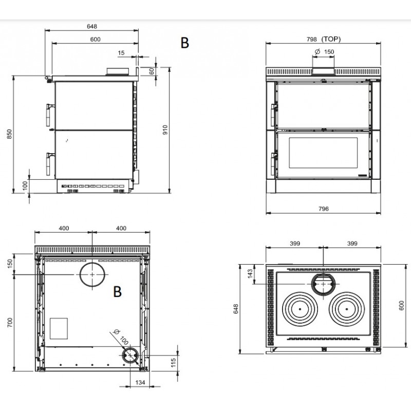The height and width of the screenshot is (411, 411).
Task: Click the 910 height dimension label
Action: tap(165, 130)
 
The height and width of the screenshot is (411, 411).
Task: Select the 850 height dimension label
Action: tap(9, 134)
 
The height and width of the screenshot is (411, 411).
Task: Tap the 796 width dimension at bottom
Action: tap(324, 209)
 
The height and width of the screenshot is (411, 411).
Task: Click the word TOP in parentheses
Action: tap(331, 39)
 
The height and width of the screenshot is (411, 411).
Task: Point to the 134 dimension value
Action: tap(140, 382)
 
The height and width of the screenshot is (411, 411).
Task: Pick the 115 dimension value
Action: tap(173, 363)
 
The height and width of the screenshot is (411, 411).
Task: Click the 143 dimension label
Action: tap(250, 274)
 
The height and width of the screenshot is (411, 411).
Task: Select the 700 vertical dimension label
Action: tap(10, 323)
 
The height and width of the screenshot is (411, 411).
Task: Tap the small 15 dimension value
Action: tap(121, 53)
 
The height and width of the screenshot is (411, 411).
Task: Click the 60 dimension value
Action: tap(152, 71)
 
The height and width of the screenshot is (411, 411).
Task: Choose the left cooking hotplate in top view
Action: tap(300, 309)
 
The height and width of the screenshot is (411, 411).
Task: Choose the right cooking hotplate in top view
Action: tap(347, 309)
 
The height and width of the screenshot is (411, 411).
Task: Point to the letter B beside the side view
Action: tap(185, 43)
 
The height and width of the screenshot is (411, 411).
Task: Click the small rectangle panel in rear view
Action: tap(59, 328)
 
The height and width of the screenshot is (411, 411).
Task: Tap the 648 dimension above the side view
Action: tap(92, 26)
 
